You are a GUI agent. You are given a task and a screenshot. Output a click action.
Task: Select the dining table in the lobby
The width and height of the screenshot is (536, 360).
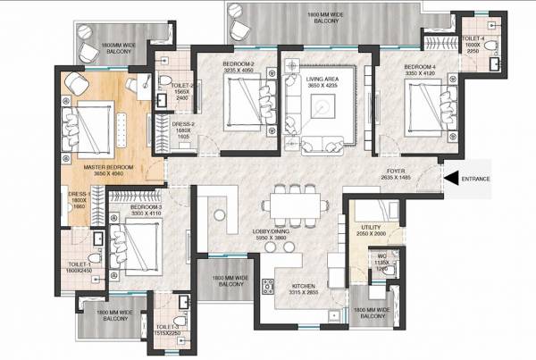click(293, 201)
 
